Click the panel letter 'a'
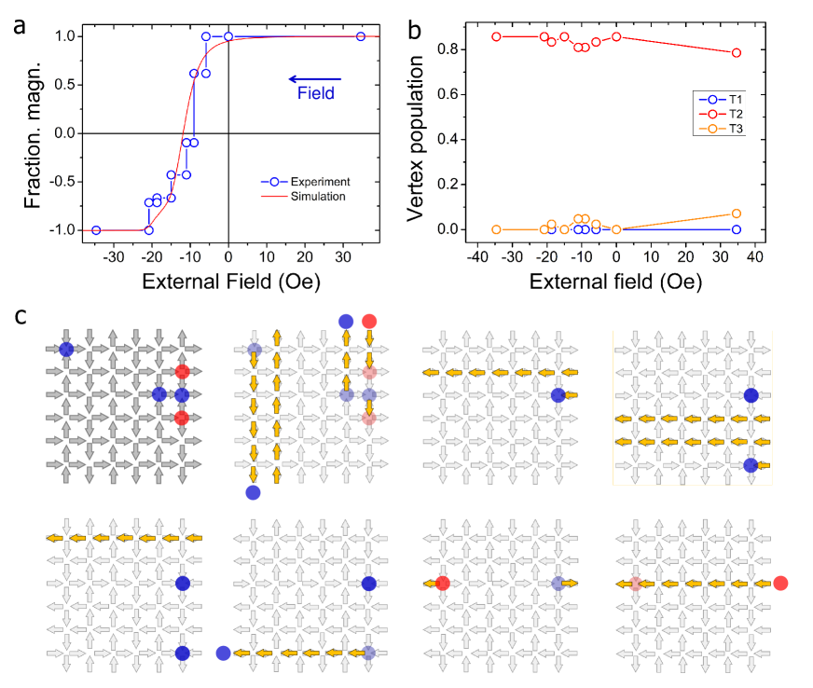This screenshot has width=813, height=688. (x=20, y=25)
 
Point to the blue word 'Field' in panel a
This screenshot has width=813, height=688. (x=315, y=93)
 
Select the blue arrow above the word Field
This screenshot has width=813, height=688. (x=314, y=78)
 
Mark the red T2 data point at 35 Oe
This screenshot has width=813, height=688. (x=737, y=53)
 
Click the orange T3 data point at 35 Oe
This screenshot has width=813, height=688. (x=737, y=213)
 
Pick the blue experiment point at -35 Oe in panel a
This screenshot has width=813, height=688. (x=96, y=230)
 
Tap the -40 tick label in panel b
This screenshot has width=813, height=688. (x=476, y=255)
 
